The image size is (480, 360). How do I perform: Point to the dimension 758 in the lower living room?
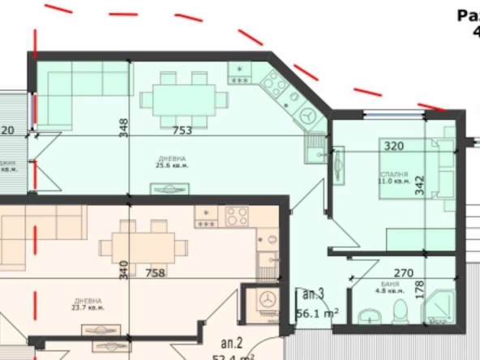tap(154, 272)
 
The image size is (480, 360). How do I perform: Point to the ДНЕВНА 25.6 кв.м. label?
tap(171, 161)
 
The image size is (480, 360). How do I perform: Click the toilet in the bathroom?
tap(396, 311)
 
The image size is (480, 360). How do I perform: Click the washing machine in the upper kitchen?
tap(309, 116)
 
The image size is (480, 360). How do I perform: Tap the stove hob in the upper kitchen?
tap(275, 82)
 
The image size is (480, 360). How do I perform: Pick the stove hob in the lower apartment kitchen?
tap(236, 216)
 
